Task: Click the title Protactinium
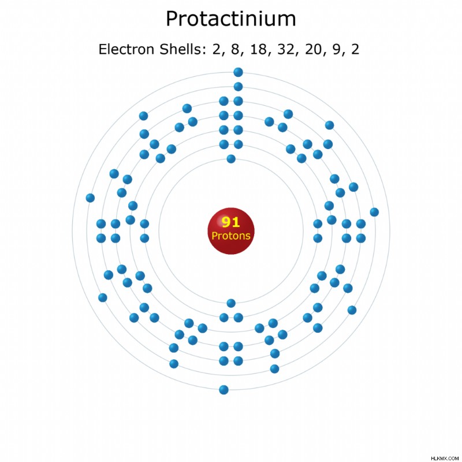click(230, 19)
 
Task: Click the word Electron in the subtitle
click(127, 49)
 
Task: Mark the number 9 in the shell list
click(337, 49)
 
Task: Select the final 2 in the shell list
click(355, 49)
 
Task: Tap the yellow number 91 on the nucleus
click(230, 222)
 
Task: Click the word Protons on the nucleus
click(231, 236)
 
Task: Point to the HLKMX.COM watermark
click(445, 458)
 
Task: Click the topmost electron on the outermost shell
click(238, 72)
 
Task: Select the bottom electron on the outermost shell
click(224, 390)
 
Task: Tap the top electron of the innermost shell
click(231, 159)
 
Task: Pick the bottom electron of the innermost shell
click(231, 303)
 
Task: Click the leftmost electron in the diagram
click(90, 198)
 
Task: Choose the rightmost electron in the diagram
click(374, 212)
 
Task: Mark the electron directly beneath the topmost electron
click(238, 87)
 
